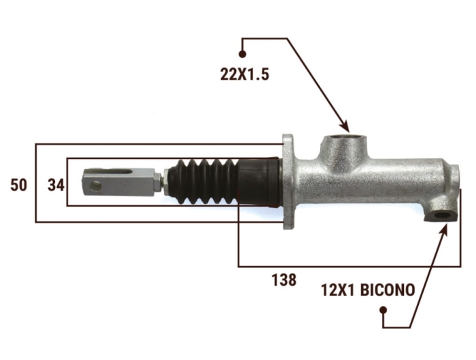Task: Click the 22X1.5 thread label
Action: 245,74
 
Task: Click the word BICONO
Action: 388,290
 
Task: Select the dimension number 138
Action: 284,280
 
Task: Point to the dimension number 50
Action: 18,184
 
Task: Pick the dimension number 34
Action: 56,184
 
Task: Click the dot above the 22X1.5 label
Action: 242,54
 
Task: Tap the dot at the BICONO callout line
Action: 384,310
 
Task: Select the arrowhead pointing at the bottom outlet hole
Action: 443,229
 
